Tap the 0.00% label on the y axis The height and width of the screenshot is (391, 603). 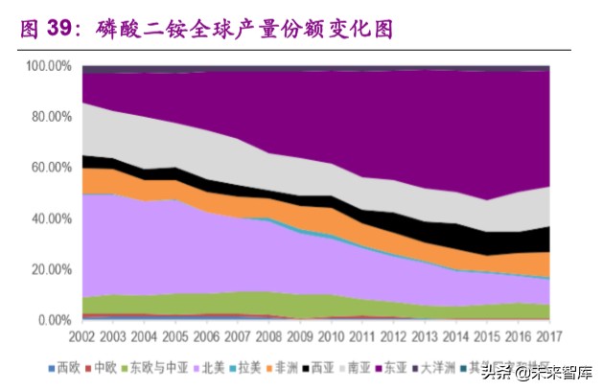click(55, 320)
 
